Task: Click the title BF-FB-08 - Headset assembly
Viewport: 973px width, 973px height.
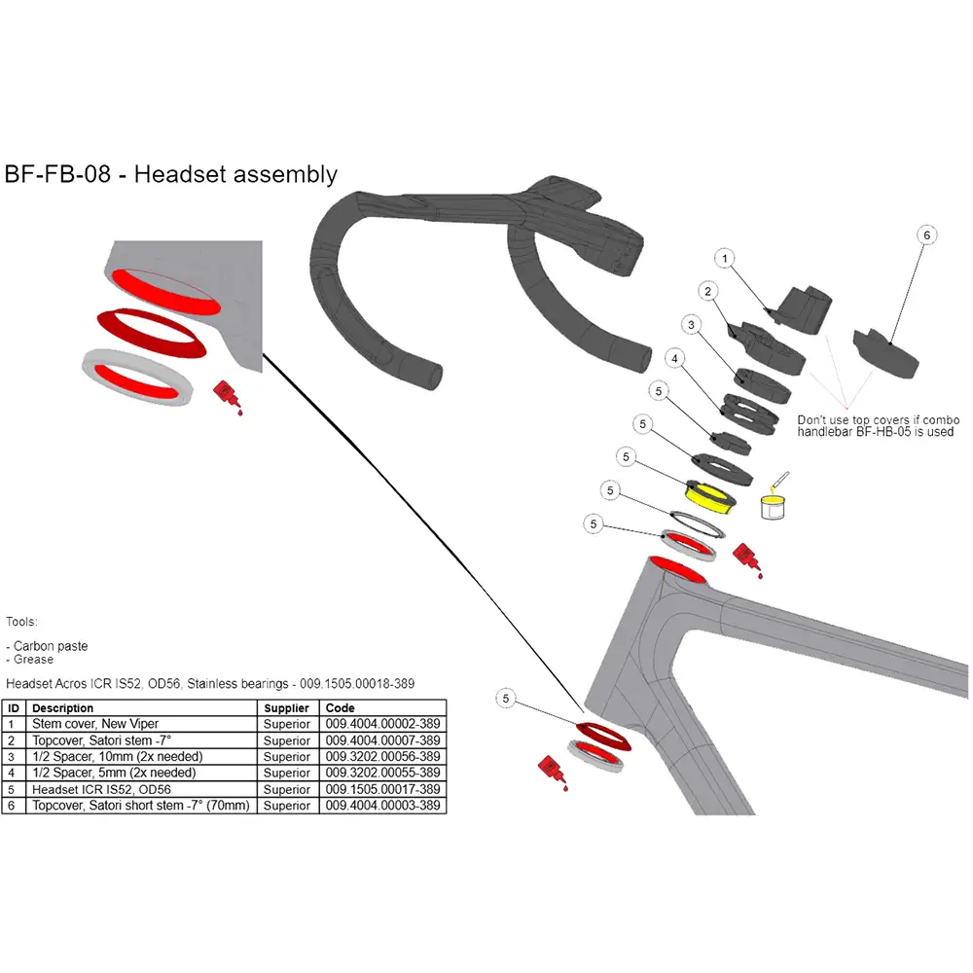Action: (x=171, y=174)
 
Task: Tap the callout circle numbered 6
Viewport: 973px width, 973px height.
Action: (x=926, y=235)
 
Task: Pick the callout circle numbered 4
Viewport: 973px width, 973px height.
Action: (x=673, y=359)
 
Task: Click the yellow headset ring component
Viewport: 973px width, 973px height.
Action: (x=710, y=495)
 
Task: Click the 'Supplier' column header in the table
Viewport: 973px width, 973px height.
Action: (x=286, y=708)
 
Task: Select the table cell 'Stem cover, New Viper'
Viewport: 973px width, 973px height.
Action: (x=95, y=724)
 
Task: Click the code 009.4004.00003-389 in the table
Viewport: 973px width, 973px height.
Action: (x=382, y=806)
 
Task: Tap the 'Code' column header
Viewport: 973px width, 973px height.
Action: (x=340, y=708)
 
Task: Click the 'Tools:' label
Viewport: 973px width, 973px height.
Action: (x=21, y=621)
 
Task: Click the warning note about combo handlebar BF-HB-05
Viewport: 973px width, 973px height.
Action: (x=875, y=425)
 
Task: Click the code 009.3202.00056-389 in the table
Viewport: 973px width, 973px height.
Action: (x=382, y=757)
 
